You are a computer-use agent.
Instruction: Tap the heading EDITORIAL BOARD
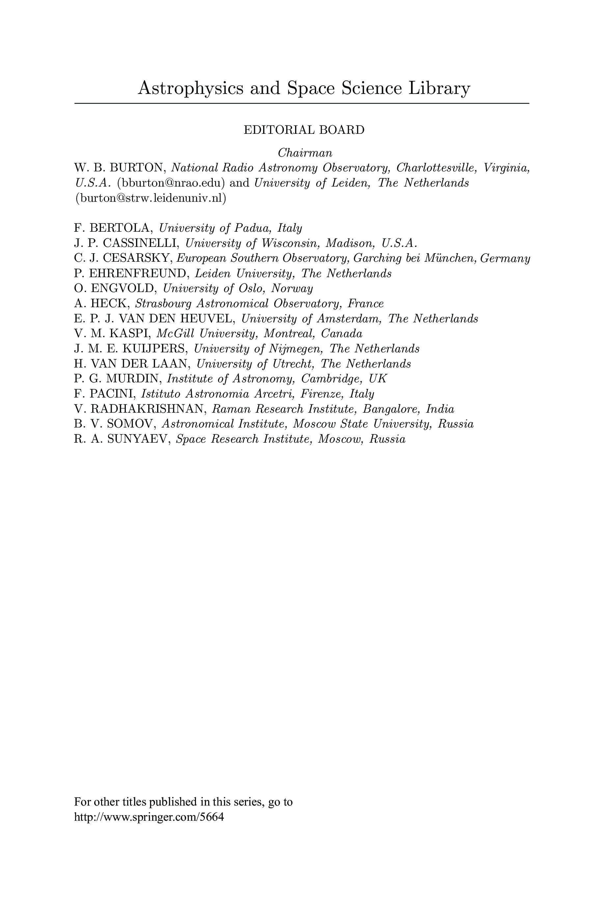(x=304, y=130)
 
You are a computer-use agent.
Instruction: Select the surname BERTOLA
(x=122, y=228)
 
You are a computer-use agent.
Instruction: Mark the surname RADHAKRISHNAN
(x=149, y=409)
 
